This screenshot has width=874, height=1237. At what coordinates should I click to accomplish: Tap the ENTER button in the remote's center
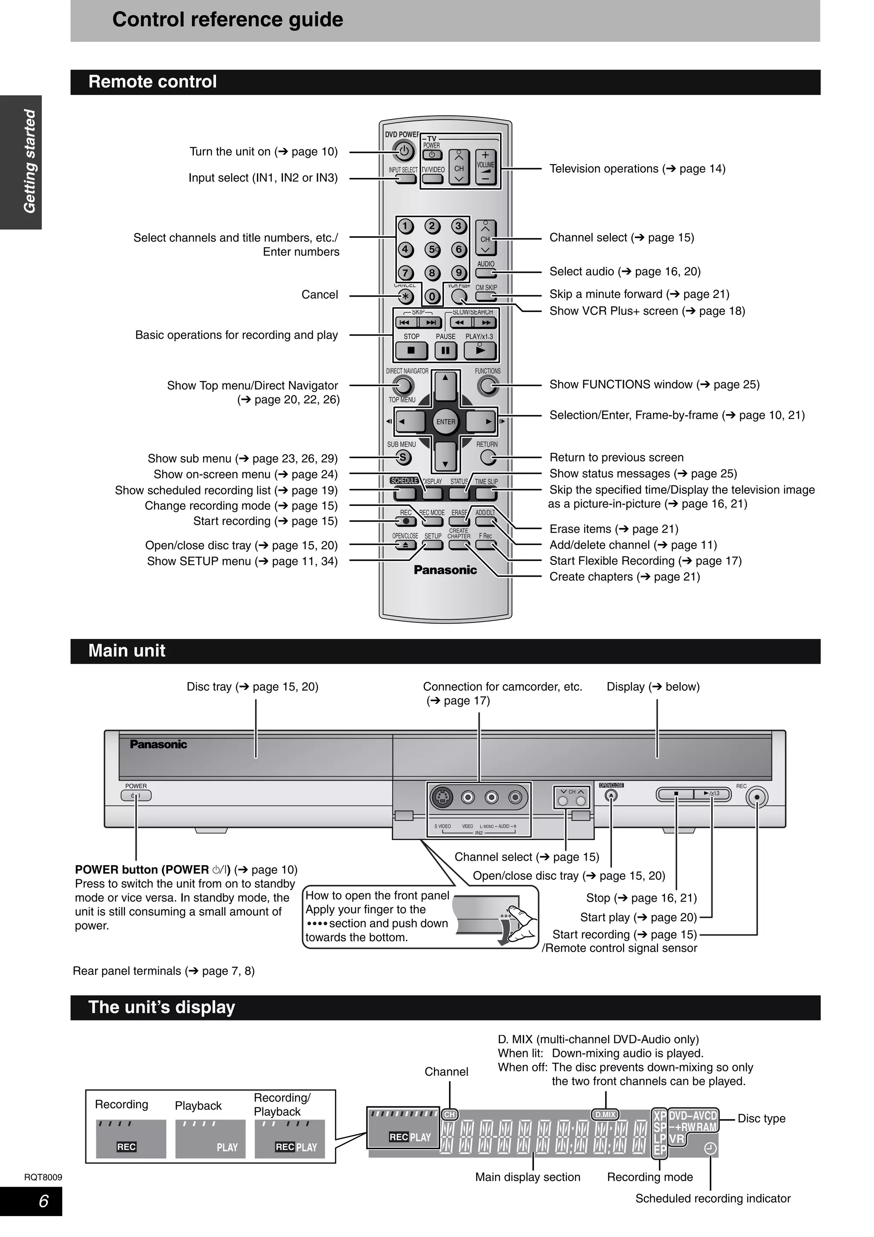pyautogui.click(x=446, y=422)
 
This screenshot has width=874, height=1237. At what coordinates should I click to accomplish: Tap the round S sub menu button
pyautogui.click(x=402, y=458)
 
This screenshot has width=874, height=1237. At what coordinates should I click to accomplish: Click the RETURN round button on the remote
pyautogui.click(x=488, y=458)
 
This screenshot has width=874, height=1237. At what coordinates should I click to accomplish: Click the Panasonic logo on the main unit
pyautogui.click(x=158, y=744)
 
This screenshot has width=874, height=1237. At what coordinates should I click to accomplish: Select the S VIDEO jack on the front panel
pyautogui.click(x=443, y=798)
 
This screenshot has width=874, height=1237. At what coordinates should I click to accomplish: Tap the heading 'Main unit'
pyautogui.click(x=127, y=651)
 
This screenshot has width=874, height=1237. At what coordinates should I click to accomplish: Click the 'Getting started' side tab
pyautogui.click(x=29, y=162)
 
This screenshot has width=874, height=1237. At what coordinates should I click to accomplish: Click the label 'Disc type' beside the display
pyautogui.click(x=761, y=1118)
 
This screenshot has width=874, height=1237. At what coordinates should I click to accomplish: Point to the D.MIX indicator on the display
pyautogui.click(x=605, y=1114)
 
